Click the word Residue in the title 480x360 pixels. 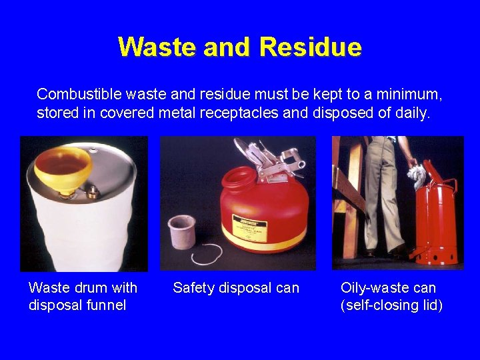pos(311,47)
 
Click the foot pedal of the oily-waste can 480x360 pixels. pos(418,253)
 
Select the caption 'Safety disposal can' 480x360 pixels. pos(236,288)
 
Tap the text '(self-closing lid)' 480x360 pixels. pos(391,305)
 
